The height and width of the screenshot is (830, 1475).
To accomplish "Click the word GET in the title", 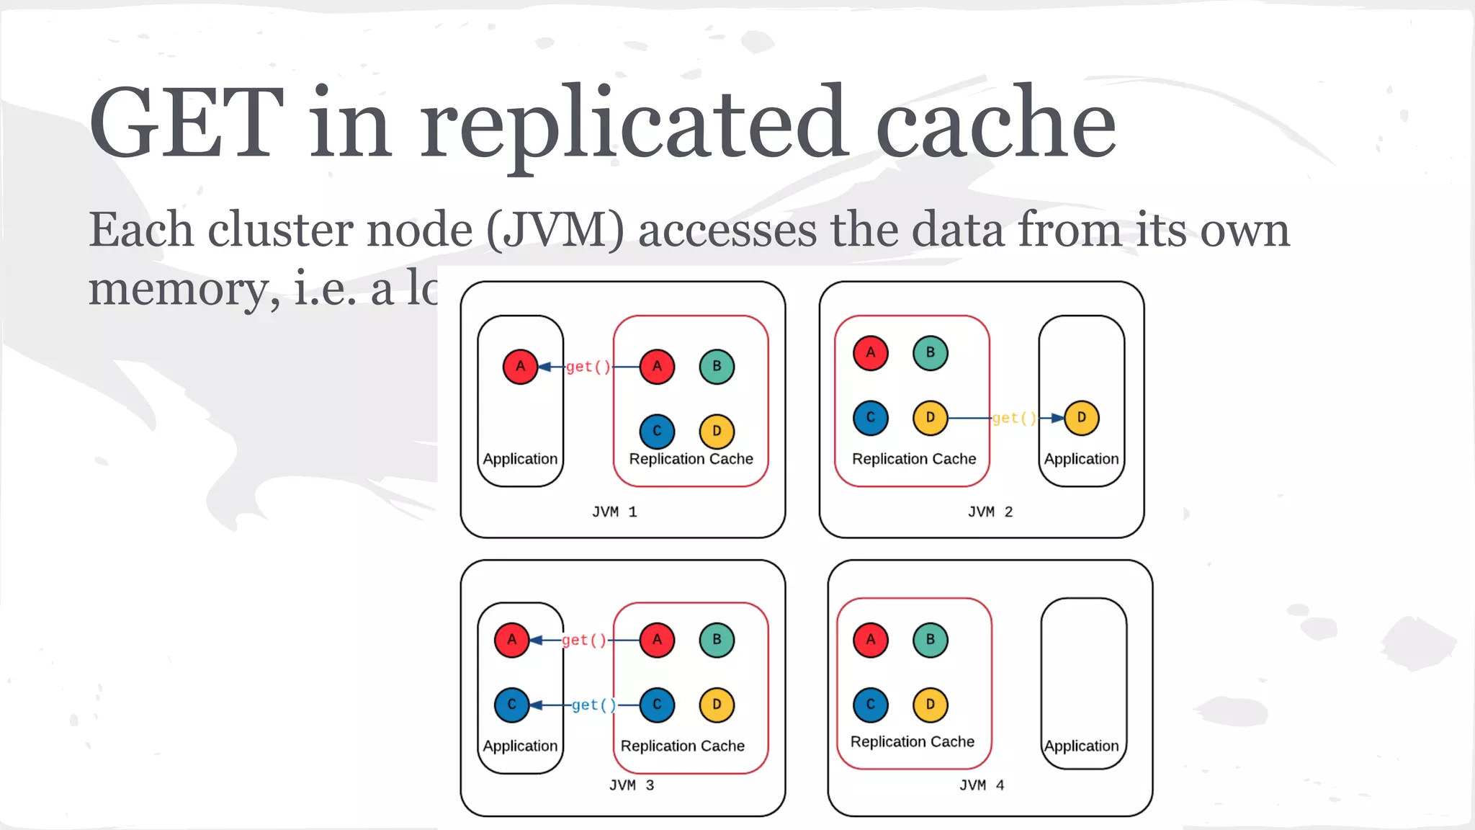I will pos(186,122).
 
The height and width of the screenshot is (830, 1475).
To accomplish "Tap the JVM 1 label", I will pos(614,512).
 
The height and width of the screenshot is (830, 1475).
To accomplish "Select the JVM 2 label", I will pos(990,512).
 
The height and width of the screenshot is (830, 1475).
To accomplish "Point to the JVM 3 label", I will pos(632,785).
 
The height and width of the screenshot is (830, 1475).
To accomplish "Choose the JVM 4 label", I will pos(982,785).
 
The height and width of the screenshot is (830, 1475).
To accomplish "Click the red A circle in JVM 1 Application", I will pos(520,367).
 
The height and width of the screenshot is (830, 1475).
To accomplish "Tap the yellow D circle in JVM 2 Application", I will pos(1081,418).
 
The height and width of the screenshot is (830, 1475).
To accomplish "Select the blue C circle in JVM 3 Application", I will pos(511,705).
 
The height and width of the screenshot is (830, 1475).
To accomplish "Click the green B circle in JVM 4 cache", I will pos(931,640).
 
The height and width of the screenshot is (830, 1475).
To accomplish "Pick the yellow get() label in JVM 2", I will pos(1014,419).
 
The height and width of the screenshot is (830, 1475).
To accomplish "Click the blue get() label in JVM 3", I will pos(593,705).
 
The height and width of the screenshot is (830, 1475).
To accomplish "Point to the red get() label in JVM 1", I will pos(588,367).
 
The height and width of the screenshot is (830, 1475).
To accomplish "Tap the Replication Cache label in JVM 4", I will pos(913,742).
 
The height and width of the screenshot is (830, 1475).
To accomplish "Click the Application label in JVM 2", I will pos(1081,459).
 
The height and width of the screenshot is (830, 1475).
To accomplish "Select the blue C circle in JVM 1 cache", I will pos(657,432).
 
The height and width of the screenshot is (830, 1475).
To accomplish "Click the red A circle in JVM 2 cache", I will pos(871,353).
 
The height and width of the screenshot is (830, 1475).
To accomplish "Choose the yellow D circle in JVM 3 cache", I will pos(717,705).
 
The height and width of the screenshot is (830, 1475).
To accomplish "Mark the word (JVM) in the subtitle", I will pos(555,231).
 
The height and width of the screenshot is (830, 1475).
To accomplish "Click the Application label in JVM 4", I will pos(1081,746).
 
